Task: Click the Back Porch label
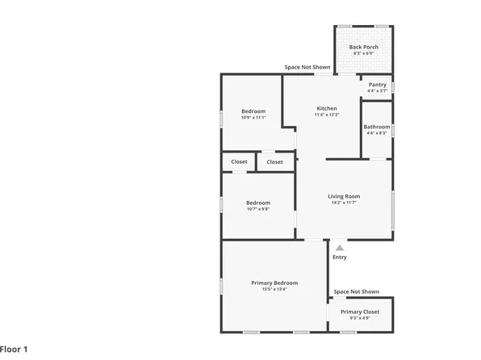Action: [362, 47]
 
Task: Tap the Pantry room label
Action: [377, 85]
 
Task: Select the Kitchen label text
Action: [327, 108]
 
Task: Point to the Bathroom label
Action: [377, 127]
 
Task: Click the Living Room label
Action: [344, 196]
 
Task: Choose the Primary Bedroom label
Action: [274, 283]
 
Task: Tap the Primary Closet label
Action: [360, 312]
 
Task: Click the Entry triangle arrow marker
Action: [340, 249]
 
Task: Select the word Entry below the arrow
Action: [340, 257]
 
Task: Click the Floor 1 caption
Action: [15, 350]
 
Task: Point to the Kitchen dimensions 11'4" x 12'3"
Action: [327, 115]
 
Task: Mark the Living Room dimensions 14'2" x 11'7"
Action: [344, 203]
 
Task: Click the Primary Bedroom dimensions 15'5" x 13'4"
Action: [274, 289]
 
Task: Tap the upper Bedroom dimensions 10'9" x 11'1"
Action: [253, 118]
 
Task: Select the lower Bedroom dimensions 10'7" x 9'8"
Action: [258, 209]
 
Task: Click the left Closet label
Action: [240, 161]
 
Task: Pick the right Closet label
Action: [275, 161]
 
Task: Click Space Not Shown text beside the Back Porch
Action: [307, 67]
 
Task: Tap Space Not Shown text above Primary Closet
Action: [357, 291]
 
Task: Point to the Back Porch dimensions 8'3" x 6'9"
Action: [362, 54]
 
